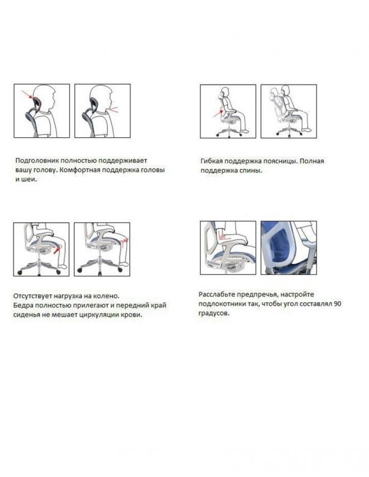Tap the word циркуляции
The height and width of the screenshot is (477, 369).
(x=99, y=315)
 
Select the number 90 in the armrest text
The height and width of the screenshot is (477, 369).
(x=337, y=304)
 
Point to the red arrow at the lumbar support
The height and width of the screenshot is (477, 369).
(x=218, y=114)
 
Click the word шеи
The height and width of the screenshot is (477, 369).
(x=29, y=179)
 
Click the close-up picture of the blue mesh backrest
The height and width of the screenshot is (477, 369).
(x=289, y=247)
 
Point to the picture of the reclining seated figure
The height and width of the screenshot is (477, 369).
(x=289, y=111)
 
